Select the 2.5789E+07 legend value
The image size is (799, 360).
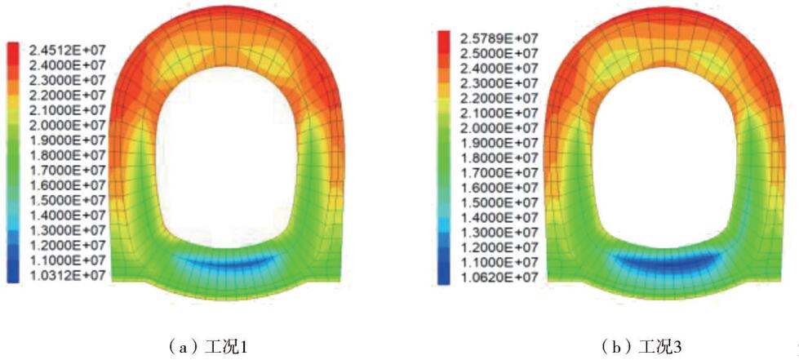pos(499,38)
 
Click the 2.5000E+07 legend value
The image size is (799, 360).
pos(499,54)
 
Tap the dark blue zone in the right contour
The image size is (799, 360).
pos(663,261)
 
